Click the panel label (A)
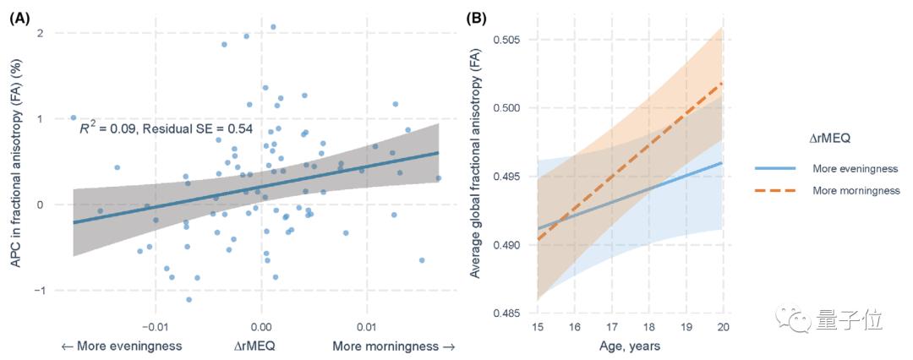point(20,16)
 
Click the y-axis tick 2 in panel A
point(41,33)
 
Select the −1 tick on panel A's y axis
point(37,290)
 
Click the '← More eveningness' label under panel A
point(123,346)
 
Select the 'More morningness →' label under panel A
point(393,346)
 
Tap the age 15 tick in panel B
point(537,327)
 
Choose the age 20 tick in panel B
point(721,327)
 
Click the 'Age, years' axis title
point(630,346)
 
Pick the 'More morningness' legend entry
point(856,190)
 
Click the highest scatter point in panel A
point(273,27)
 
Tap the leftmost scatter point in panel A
point(74,117)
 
